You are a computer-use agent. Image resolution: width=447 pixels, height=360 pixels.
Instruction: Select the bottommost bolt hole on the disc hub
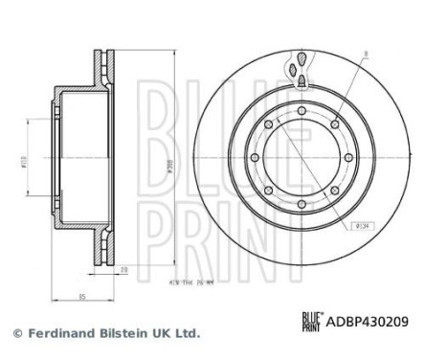pyautogui.click(x=300, y=203)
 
